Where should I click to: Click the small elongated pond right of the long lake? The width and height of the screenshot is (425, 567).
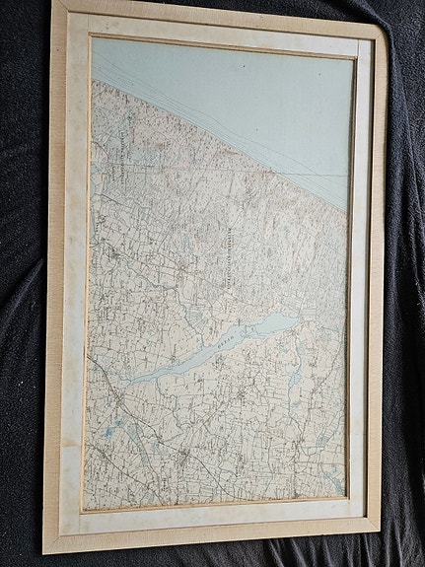coord(292,379)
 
